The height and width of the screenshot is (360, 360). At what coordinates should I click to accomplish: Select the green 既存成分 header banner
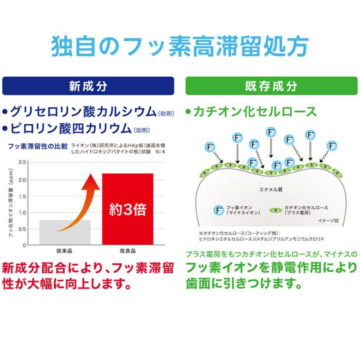point(271,87)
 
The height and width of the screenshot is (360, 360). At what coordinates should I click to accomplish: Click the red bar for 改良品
point(128,209)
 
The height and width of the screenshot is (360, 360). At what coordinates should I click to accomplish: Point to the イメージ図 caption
point(329,221)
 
